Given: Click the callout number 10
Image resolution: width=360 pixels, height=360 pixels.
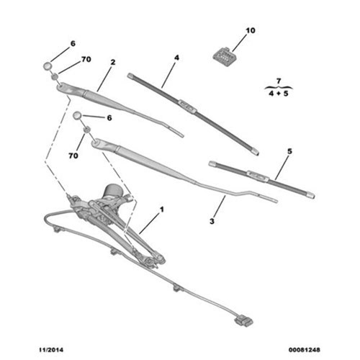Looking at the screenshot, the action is tap(251, 31).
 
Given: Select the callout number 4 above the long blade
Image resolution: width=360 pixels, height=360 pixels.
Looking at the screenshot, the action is tap(176, 58).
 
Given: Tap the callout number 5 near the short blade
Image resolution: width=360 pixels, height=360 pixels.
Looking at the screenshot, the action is tap(289, 151).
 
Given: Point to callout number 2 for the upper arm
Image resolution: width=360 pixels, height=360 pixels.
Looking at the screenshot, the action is tap(113, 62).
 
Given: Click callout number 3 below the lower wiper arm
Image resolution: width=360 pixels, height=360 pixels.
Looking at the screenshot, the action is tap(212, 221).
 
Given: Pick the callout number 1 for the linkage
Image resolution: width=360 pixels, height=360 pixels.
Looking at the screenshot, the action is tap(162, 210).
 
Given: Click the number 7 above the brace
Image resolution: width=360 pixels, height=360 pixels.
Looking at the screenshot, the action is tap(279, 81).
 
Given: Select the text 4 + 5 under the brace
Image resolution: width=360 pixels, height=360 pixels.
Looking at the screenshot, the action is tap(279, 94).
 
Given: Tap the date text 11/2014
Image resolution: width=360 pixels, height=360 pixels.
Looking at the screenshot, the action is tap(51, 350).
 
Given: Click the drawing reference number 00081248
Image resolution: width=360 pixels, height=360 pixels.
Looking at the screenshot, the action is tap(305, 350).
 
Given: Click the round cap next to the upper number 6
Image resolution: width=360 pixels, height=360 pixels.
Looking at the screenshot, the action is tap(48, 66).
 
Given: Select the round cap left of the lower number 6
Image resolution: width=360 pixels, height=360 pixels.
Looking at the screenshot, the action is tap(78, 116).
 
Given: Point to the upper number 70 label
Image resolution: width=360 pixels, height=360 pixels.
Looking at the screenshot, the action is tap(86, 59).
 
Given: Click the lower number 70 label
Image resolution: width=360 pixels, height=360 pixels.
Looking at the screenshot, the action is tap(73, 156).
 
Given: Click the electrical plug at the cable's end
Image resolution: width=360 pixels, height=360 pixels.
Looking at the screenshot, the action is tap(244, 321).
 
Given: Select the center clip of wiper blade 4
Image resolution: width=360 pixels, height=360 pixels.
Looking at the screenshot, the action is tap(187, 107).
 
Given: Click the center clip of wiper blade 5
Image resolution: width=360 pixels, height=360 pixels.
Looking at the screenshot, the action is tap(258, 176).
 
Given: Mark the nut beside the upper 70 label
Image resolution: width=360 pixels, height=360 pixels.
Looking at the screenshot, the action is tap(55, 76).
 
